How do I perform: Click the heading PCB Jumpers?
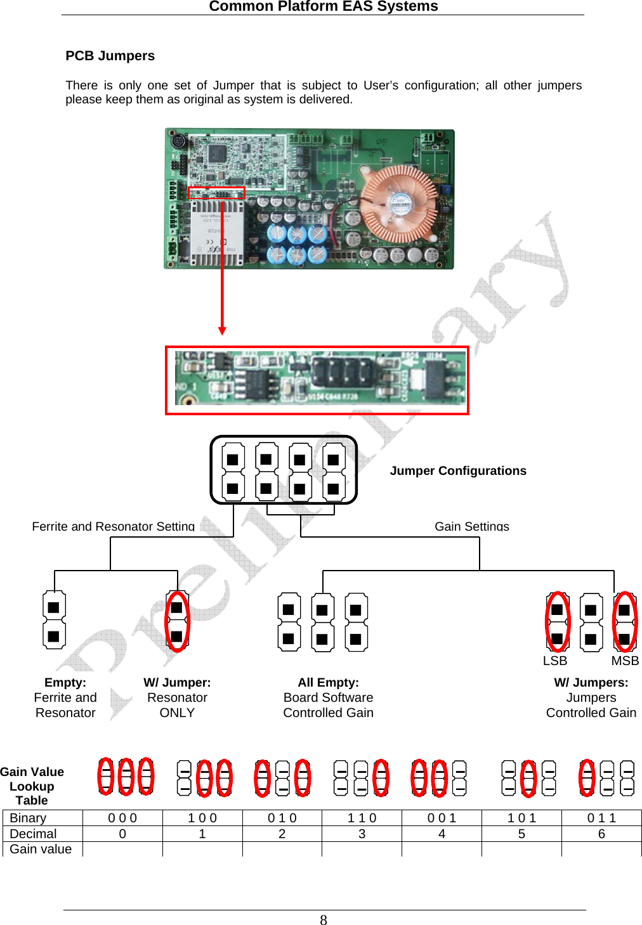coord(110,56)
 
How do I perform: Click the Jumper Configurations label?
coord(458,470)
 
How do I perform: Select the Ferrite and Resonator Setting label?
coord(113,526)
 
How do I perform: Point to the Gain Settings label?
coord(471,526)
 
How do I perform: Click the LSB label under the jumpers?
coord(554,661)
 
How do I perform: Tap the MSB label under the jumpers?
coord(625,661)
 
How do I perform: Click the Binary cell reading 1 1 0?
coord(362,818)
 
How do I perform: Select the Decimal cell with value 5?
coord(521,834)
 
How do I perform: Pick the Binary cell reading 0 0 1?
coord(442,818)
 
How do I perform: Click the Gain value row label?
coord(41,849)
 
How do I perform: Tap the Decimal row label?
coord(33,834)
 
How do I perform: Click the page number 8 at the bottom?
coord(324,920)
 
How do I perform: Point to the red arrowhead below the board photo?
coord(222,330)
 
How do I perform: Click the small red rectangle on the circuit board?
coord(216,193)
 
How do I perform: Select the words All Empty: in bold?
coord(328,682)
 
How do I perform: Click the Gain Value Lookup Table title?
coord(32,786)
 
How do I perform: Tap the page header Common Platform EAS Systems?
coord(323,6)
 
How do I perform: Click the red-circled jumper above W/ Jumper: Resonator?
coord(177,621)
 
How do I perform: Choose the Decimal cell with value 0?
coord(122,834)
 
